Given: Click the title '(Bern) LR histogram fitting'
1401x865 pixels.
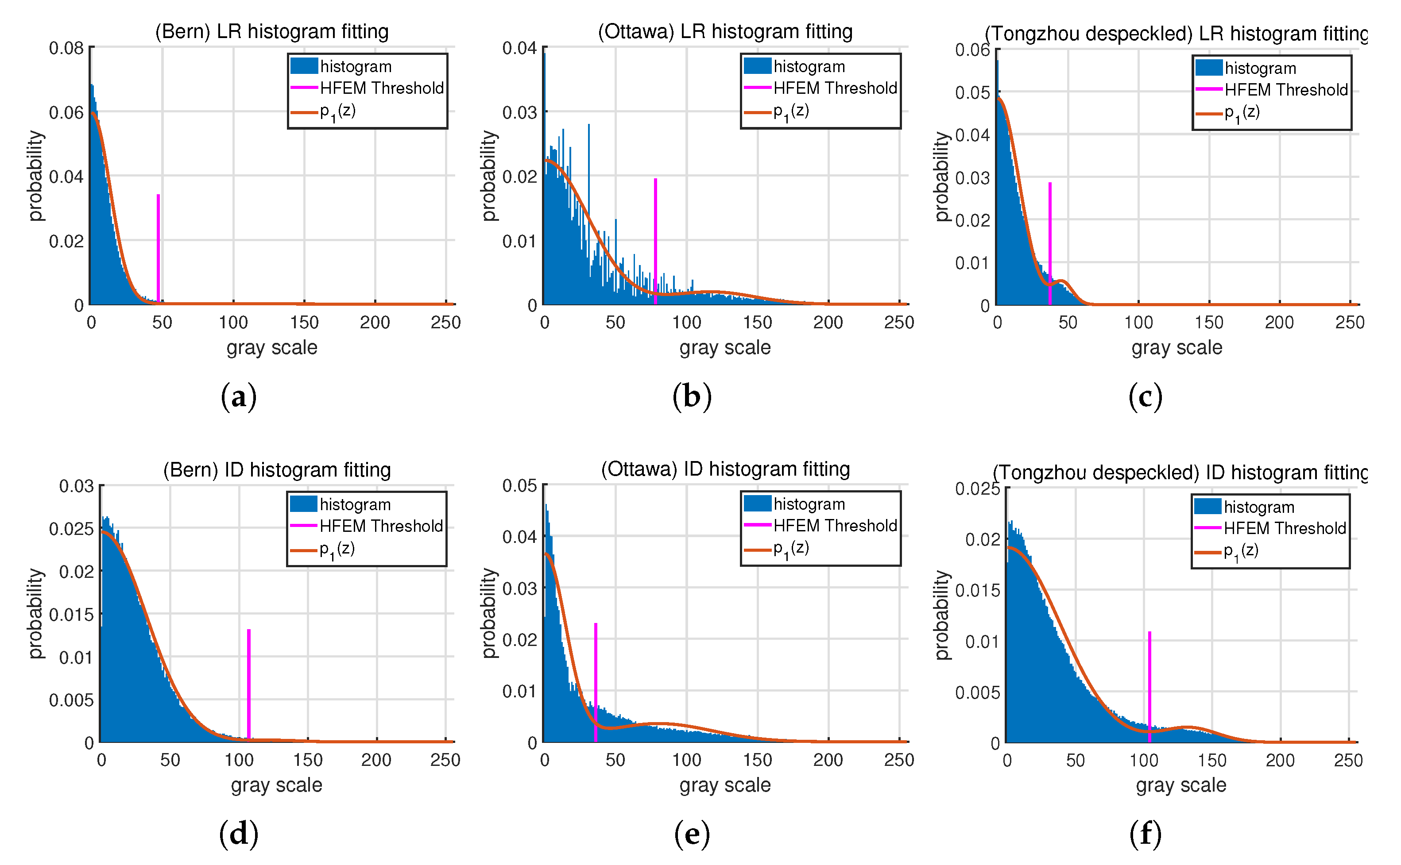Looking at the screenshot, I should pos(272,31).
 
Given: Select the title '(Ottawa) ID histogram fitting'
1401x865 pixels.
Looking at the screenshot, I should pos(725,469).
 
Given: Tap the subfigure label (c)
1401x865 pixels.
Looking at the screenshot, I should pos(1145,396).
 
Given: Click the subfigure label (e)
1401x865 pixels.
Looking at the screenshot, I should pos(692,834).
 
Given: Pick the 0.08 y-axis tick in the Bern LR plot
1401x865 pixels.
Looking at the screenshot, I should pos(66,48).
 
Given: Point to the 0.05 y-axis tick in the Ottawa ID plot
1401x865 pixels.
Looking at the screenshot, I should pos(520,486).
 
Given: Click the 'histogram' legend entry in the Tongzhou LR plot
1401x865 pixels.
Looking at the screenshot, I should pos(1260,69).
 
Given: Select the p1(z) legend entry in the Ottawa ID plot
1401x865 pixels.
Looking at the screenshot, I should pos(791,548).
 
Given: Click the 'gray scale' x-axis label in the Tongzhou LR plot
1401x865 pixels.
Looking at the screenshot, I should pos(1177,347).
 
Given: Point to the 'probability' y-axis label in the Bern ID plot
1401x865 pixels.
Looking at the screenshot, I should pos(35,613).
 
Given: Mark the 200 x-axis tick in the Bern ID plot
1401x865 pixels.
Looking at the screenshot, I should pos(376,760).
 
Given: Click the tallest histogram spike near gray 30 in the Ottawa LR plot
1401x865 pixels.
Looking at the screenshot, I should pos(588,172).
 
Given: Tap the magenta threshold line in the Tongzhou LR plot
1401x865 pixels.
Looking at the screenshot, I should pos(1049,240).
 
